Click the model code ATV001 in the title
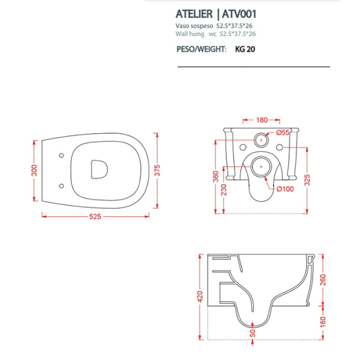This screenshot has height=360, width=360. pyautogui.click(x=238, y=13)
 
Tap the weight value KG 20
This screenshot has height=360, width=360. pyautogui.click(x=244, y=51)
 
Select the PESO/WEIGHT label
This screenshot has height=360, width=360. pyautogui.click(x=201, y=51)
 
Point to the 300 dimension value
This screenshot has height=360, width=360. pyautogui.click(x=35, y=170)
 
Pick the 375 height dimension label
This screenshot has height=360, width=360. pyautogui.click(x=157, y=170)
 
